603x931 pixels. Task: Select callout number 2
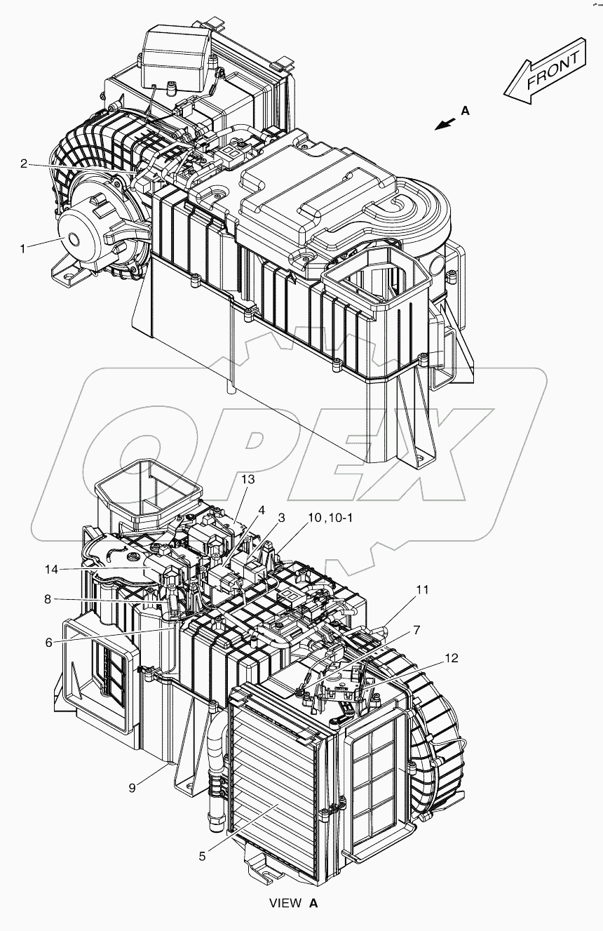(x=23, y=163)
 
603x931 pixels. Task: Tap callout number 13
(x=249, y=479)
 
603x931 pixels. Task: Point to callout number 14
(x=262, y=509)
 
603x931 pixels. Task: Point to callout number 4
(x=262, y=509)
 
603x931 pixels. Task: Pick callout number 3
(x=280, y=518)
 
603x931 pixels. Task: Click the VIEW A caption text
(x=294, y=903)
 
